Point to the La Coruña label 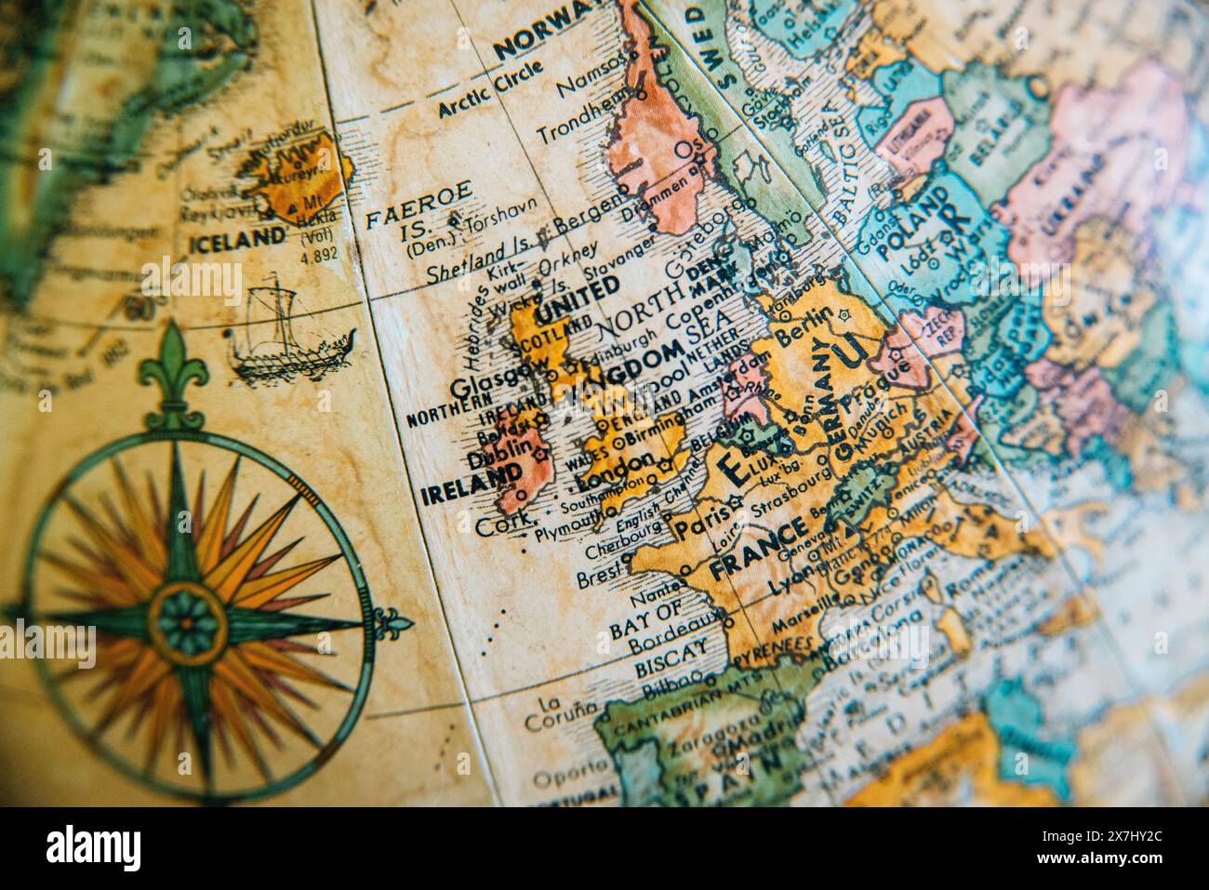coord(558,711)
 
